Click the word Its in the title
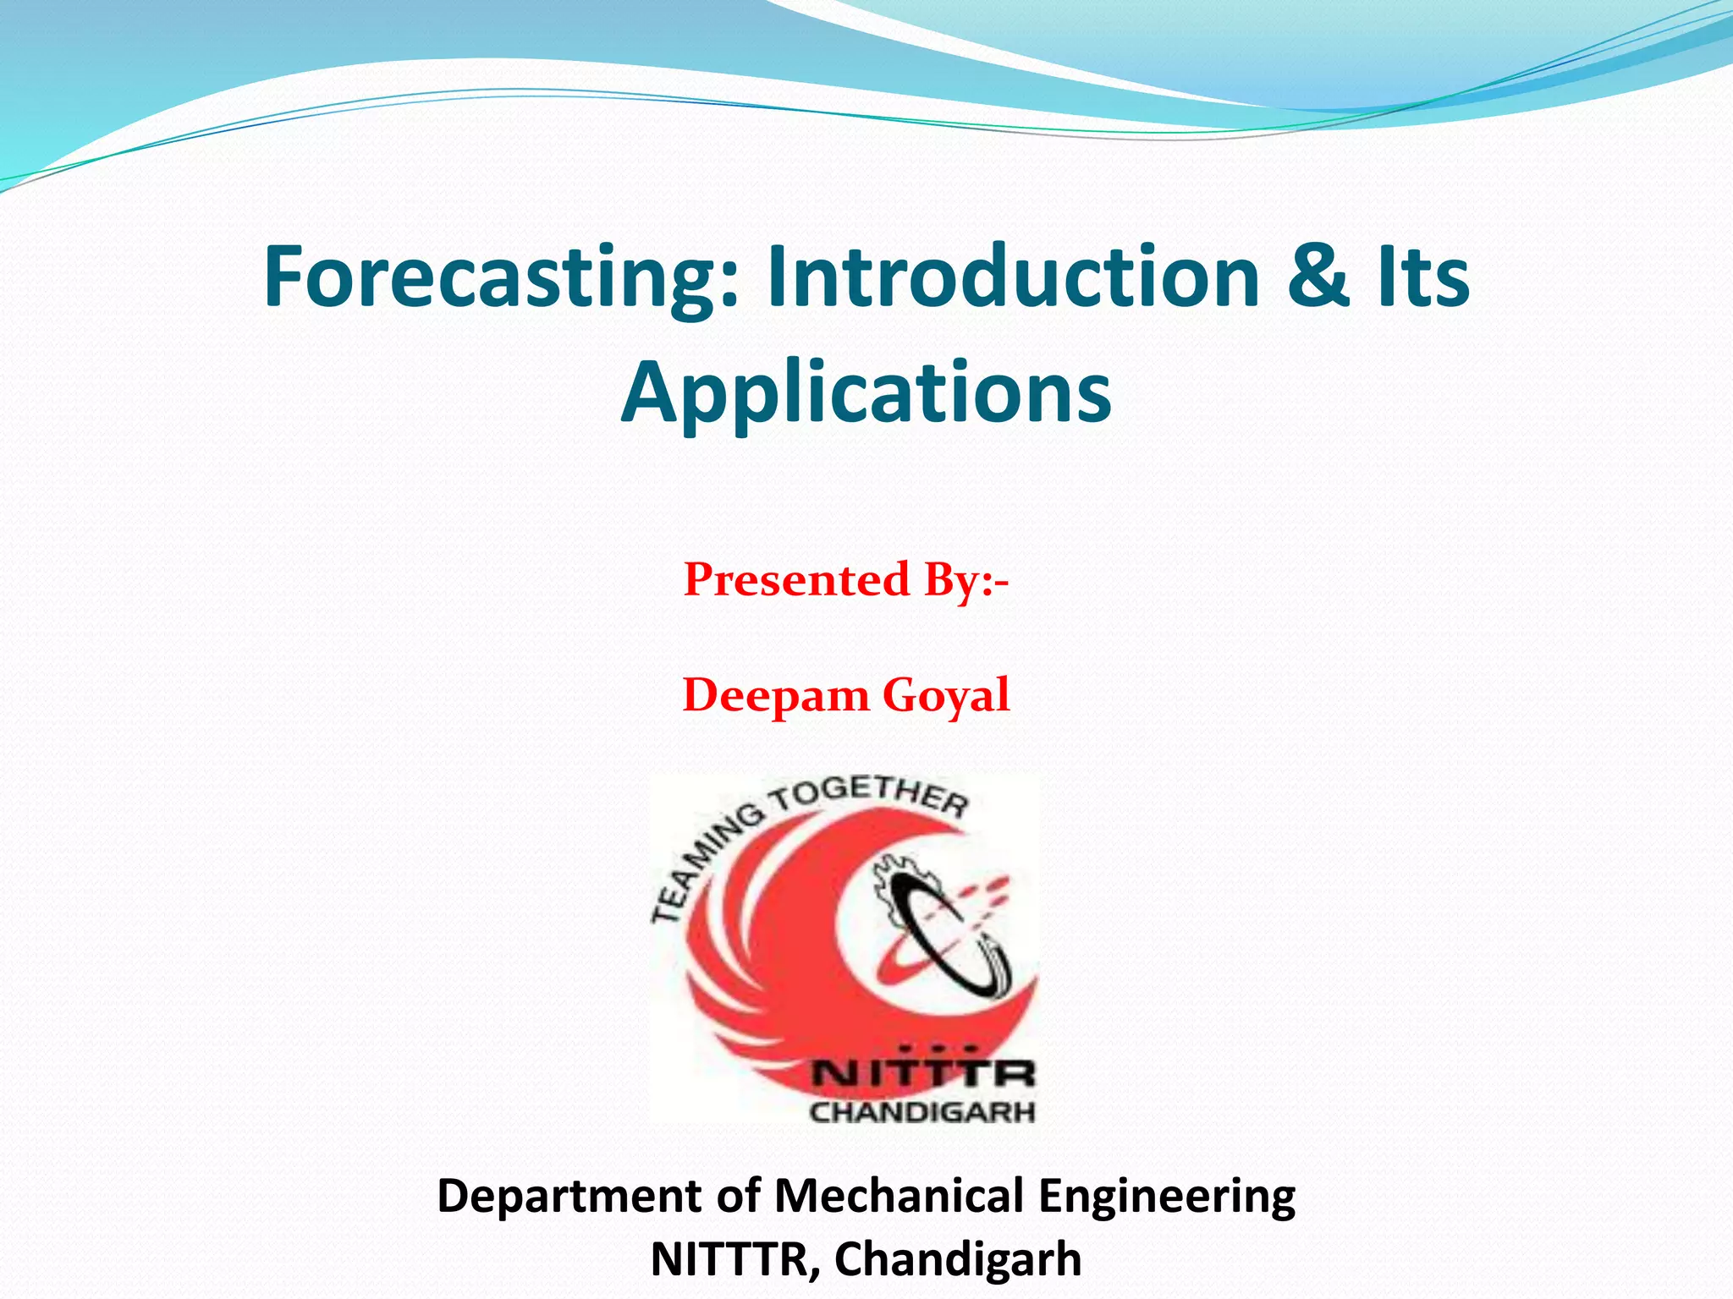click(x=1422, y=277)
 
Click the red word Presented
click(x=796, y=580)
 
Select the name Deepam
click(x=776, y=696)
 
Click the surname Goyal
click(x=946, y=696)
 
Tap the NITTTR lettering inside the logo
click(x=922, y=1074)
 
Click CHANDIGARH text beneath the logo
click(x=922, y=1111)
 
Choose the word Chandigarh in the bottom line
click(x=958, y=1259)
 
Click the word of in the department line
click(x=738, y=1197)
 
